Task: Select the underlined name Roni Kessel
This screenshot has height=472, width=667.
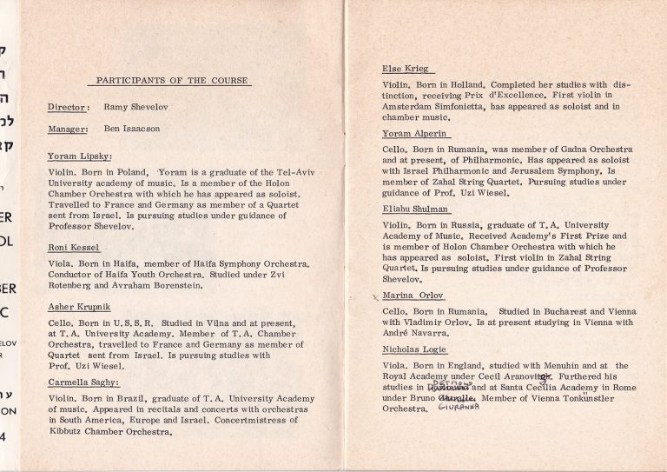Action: pyautogui.click(x=76, y=247)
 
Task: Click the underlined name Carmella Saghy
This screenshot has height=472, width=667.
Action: pyautogui.click(x=83, y=382)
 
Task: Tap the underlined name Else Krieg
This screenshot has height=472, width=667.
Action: pyautogui.click(x=405, y=68)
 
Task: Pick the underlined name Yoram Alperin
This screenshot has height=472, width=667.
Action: pyautogui.click(x=412, y=134)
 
